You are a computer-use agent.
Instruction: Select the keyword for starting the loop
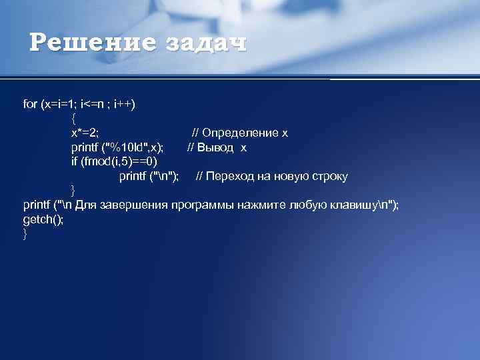pyautogui.click(x=30, y=103)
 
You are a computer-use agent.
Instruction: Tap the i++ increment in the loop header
pyautogui.click(x=123, y=103)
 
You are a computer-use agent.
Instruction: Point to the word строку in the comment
pyautogui.click(x=327, y=177)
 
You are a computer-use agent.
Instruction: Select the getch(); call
pyautogui.click(x=43, y=219)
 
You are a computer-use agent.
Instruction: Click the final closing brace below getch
pyautogui.click(x=25, y=234)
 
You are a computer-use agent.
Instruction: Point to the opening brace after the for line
pyautogui.click(x=73, y=118)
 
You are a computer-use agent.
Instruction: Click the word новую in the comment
pyautogui.click(x=283, y=177)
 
